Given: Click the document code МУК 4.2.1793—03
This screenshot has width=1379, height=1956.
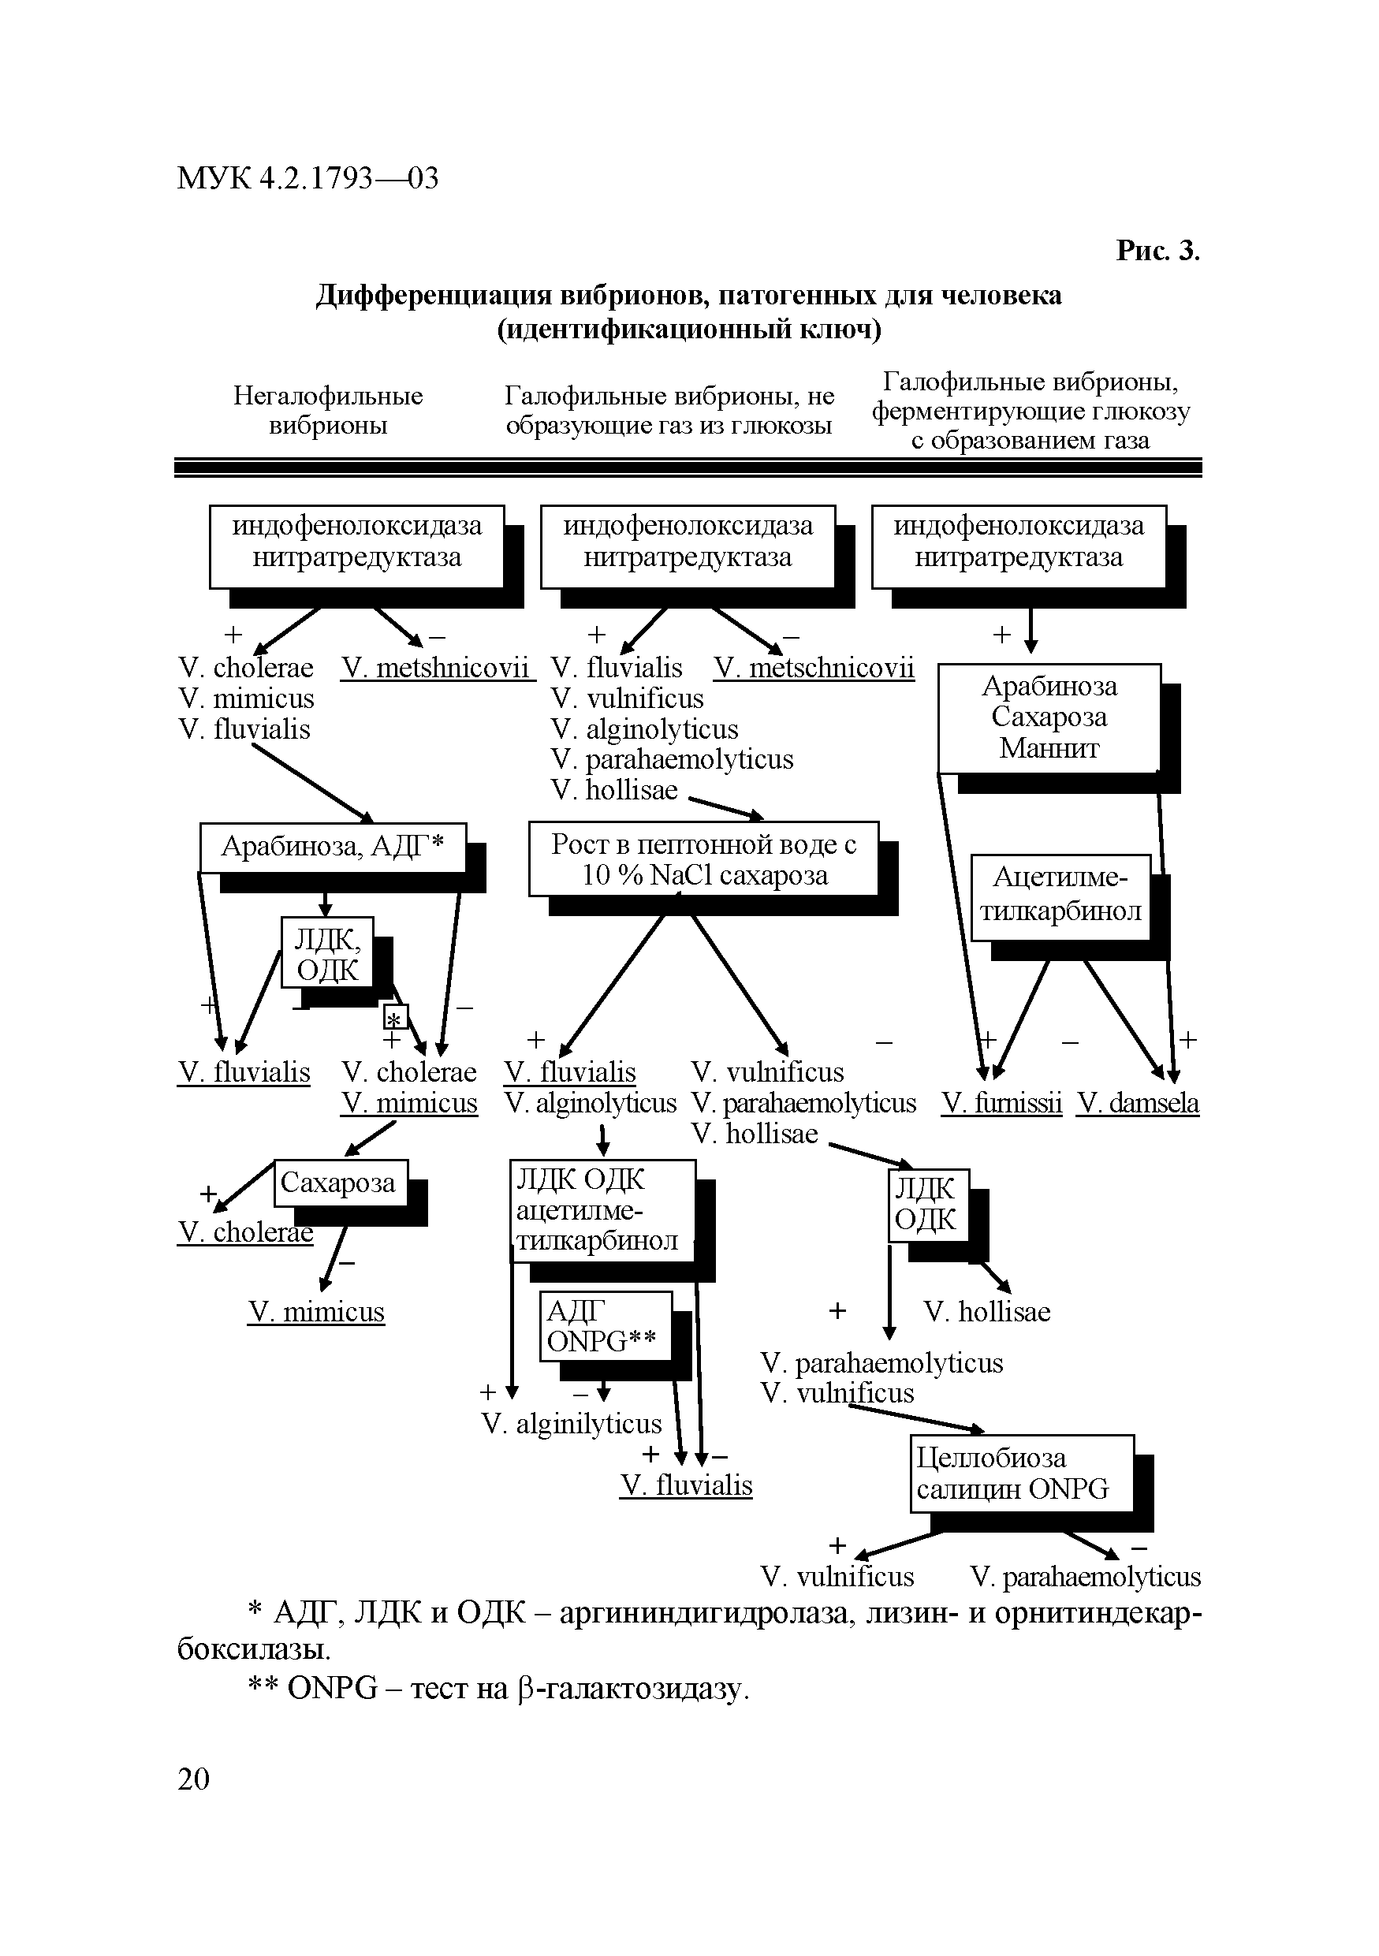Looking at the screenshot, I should tap(307, 178).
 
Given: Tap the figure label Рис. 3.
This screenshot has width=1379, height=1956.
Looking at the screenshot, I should tap(1157, 251).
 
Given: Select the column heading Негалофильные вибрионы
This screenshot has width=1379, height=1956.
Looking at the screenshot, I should tap(328, 410).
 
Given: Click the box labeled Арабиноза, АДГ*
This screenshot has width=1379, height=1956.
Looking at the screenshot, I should tap(333, 847).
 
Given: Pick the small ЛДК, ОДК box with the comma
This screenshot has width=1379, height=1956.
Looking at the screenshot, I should tap(328, 952).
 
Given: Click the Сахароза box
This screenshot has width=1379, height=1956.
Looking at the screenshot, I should tap(340, 1183).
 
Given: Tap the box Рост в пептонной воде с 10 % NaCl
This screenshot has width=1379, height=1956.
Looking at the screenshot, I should tap(703, 859).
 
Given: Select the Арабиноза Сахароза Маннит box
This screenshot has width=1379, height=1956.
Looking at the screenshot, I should tap(1049, 718).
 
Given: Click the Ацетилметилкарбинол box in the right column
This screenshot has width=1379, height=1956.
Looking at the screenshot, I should tap(1060, 897).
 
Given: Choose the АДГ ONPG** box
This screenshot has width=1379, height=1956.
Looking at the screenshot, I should tap(606, 1326).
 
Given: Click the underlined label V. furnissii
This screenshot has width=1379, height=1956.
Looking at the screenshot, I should tap(1001, 1103).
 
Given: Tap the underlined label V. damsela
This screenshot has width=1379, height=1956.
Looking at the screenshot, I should tap(1137, 1103).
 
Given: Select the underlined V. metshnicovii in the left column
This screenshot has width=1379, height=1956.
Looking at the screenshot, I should tap(436, 667).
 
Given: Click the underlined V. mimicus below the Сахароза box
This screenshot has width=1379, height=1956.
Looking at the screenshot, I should tap(316, 1312).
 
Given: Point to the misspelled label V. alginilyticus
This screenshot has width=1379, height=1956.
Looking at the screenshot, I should tap(572, 1424).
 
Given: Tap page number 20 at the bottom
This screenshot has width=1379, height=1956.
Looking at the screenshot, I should tap(193, 1779).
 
